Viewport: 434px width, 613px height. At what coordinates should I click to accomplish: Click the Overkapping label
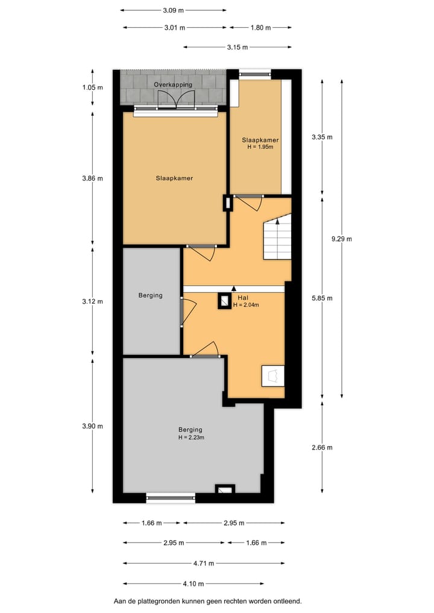(x=173, y=84)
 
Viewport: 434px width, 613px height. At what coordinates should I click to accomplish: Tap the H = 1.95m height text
(x=260, y=146)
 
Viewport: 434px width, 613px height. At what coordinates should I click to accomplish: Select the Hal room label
(x=243, y=298)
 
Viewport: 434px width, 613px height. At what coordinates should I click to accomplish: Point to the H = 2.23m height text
(x=190, y=437)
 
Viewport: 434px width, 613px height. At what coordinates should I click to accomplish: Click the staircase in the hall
(x=277, y=239)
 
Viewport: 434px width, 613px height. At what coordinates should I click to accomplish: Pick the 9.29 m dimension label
(x=341, y=239)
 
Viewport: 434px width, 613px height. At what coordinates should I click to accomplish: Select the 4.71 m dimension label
(x=204, y=564)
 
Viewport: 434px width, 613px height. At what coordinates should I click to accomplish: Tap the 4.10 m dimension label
(x=193, y=583)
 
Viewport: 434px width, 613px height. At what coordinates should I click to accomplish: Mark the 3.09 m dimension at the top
(x=173, y=10)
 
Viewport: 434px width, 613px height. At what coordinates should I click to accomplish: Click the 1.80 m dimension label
(x=260, y=27)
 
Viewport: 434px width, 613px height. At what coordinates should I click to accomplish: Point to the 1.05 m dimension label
(x=92, y=87)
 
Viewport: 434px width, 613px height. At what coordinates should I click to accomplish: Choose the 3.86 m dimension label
(x=92, y=178)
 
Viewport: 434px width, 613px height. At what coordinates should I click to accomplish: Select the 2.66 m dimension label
(x=321, y=447)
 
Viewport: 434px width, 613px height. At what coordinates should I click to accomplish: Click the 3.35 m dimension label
(x=321, y=137)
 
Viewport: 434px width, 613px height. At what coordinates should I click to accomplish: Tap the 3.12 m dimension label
(x=92, y=301)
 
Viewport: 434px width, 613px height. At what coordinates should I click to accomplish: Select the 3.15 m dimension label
(x=237, y=47)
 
